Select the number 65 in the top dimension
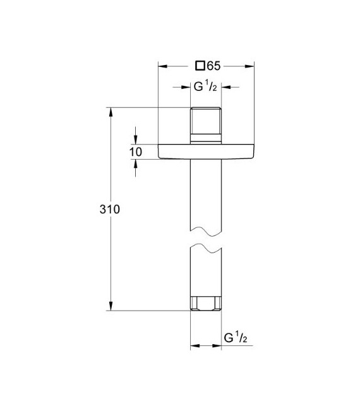pyautogui.click(x=213, y=64)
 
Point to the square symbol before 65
pyautogui.click(x=200, y=64)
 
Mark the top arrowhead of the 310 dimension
pyautogui.click(x=111, y=112)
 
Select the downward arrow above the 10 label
pyautogui.click(x=136, y=140)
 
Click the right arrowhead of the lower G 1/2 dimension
pyautogui.click(x=217, y=346)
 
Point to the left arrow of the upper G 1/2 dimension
pyautogui.click(x=186, y=88)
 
